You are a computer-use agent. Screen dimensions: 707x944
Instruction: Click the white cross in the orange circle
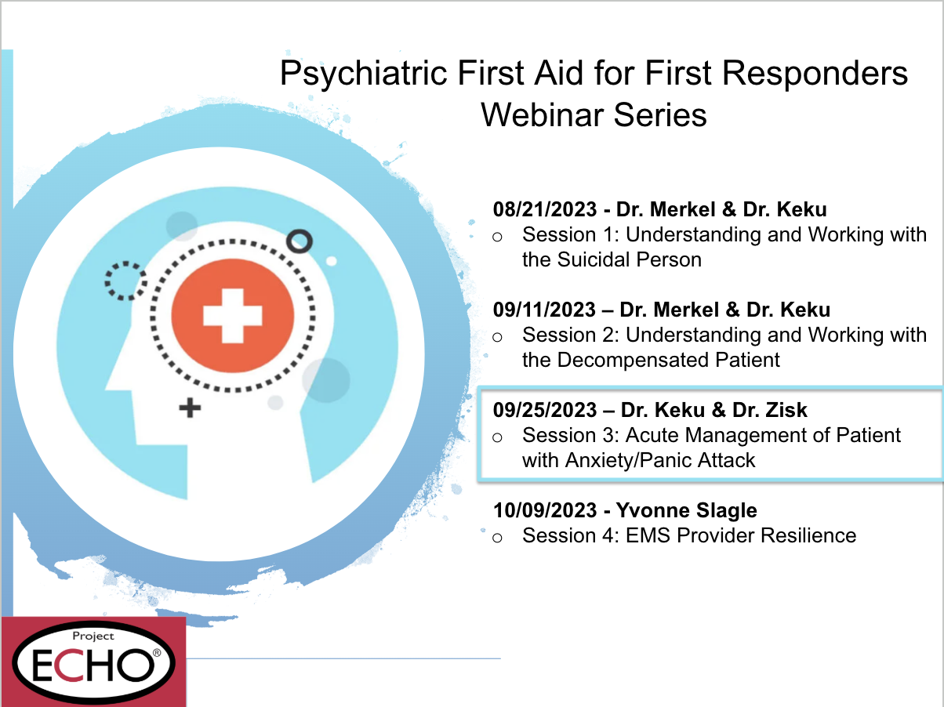233,314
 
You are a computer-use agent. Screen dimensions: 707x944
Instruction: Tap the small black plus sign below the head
189,408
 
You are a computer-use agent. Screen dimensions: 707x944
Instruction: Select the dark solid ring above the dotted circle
299,241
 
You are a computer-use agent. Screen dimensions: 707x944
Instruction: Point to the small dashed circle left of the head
125,281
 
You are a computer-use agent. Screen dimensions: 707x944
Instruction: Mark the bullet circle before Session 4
496,538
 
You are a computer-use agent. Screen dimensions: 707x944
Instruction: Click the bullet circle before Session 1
496,237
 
